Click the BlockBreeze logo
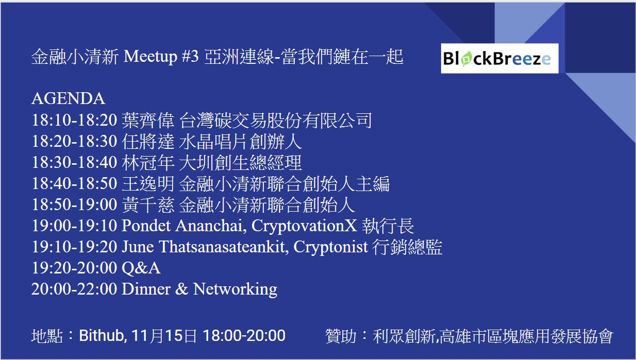[x=499, y=58]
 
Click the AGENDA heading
[x=69, y=99]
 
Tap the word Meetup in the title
[x=150, y=57]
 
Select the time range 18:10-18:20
[x=74, y=119]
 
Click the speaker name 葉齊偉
[x=148, y=121]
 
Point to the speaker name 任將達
[x=148, y=142]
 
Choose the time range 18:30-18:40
[x=74, y=162]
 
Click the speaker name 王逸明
[x=148, y=184]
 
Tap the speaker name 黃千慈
[x=148, y=205]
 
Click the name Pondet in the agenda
[x=146, y=226]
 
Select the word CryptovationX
[x=304, y=226]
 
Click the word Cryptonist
[x=330, y=247]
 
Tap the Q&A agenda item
[x=141, y=268]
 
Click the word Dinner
[x=146, y=289]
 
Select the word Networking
[x=235, y=289]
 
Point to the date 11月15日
[x=164, y=336]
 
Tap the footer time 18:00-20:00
[x=244, y=336]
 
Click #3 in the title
[x=190, y=56]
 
